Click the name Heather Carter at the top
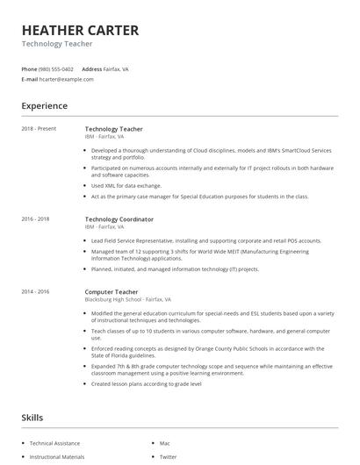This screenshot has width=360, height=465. click(80, 30)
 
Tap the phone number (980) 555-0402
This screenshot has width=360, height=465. click(57, 68)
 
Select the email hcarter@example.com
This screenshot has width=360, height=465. click(66, 79)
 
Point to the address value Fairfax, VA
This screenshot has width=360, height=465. click(117, 68)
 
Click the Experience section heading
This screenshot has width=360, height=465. click(44, 106)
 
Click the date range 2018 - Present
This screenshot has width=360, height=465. click(39, 129)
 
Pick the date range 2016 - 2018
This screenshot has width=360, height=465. click(35, 218)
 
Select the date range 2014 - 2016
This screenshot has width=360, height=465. click(35, 290)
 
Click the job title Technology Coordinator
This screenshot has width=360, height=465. click(119, 218)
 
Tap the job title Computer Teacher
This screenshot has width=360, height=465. click(112, 290)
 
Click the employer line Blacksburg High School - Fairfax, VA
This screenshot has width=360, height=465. click(127, 299)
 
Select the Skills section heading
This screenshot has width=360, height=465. click(32, 418)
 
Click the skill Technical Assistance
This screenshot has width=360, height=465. click(54, 444)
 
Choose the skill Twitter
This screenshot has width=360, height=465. click(168, 457)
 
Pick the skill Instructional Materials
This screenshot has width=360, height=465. click(57, 457)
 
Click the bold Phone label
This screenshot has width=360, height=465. click(29, 68)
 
